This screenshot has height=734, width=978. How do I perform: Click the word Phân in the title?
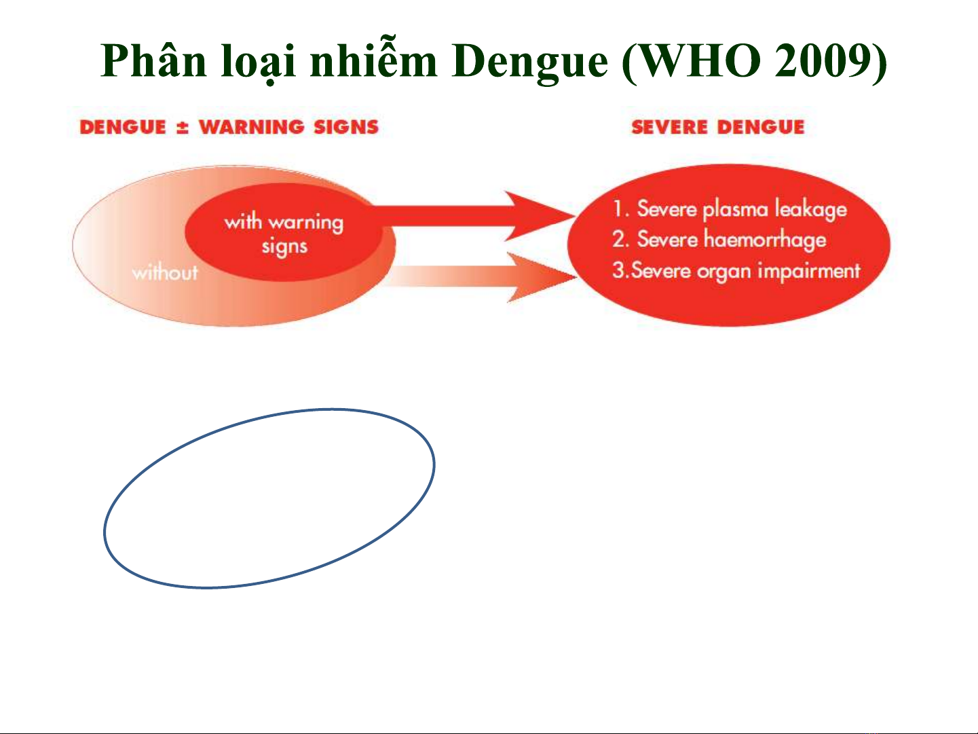click(x=153, y=60)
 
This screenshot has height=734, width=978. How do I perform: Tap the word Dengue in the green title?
click(x=529, y=62)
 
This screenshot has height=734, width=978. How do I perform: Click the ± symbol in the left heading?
click(x=183, y=128)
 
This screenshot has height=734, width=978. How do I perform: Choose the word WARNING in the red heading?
click(x=252, y=127)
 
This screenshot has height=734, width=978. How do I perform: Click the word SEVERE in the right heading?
click(x=669, y=127)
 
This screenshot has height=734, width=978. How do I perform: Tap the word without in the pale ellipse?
click(x=165, y=272)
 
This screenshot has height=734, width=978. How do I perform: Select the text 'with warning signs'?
click(x=284, y=234)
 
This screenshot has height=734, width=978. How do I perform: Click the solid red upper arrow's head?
click(x=539, y=216)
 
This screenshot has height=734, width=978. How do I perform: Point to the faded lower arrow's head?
click(x=542, y=277)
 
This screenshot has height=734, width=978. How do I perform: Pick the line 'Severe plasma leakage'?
click(x=742, y=209)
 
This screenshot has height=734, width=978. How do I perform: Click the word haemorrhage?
click(x=765, y=240)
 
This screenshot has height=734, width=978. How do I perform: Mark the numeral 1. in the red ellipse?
click(x=621, y=208)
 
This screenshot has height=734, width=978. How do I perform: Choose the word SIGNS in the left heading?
click(x=346, y=127)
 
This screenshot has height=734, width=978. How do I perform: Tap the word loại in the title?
click(x=259, y=62)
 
